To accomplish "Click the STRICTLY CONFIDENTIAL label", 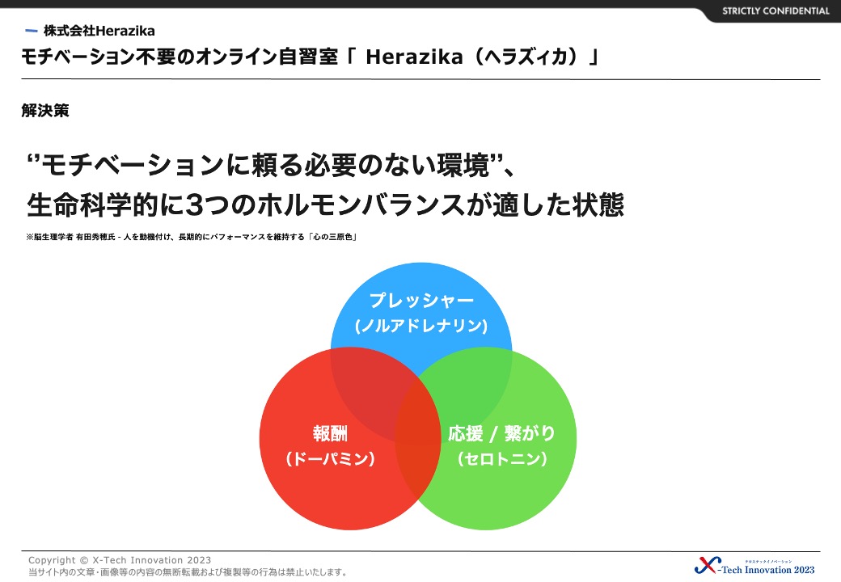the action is point(775,11).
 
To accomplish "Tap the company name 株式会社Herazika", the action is point(99,31).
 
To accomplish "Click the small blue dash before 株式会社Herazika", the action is point(32,31).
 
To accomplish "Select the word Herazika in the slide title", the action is point(414,57).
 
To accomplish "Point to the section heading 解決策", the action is point(45,111).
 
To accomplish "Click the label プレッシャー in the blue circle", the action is point(421,300).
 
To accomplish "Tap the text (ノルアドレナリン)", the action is point(421,325).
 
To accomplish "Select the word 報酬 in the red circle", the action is point(330,433).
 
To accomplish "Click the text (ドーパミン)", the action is point(330,459).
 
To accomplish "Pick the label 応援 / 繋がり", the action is point(501,433).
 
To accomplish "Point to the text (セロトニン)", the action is point(502,459).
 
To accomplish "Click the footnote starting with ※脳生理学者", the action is point(192,237).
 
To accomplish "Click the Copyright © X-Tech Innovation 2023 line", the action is point(120,560).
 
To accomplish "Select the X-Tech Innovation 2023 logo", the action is point(754,565).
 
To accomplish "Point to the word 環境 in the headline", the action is point(463,165).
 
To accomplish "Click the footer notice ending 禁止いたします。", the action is point(188,572).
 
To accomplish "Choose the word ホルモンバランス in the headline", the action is point(361,205).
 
